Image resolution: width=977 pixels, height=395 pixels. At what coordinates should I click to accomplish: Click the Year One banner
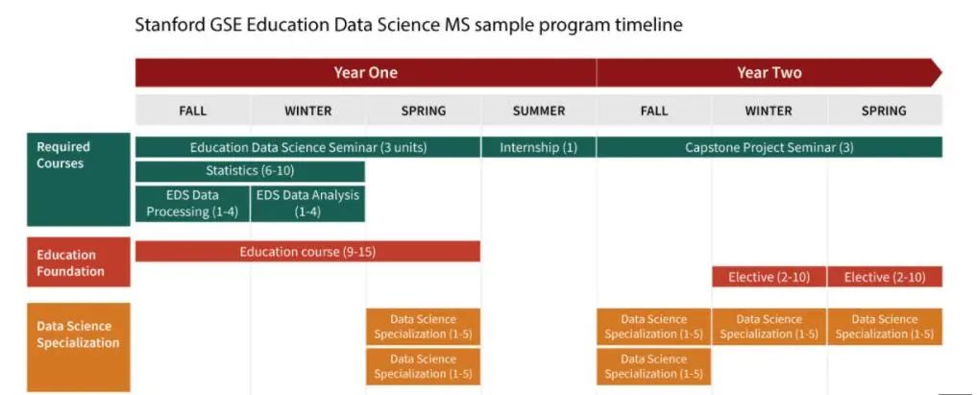366,72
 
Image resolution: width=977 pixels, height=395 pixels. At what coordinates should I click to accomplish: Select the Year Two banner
769,72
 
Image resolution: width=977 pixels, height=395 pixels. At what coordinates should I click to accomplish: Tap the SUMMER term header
538,111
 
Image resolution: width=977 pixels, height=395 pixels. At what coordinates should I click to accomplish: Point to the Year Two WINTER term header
769,111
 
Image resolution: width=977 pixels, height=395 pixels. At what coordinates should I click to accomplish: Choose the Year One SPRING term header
423,111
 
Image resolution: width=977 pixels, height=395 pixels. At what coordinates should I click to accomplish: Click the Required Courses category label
79,180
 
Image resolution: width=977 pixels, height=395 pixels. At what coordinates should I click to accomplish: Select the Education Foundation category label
79,262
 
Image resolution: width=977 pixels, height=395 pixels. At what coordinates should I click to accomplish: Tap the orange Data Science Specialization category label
79,347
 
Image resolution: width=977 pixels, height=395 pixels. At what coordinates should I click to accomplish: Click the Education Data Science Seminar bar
307,147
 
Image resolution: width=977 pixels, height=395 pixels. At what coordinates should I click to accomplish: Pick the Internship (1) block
538,147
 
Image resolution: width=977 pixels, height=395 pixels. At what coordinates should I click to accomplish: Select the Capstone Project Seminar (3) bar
769,147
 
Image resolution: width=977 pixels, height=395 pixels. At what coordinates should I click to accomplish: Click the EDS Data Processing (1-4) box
192,203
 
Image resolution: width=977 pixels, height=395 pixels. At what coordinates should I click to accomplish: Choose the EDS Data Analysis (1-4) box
307,203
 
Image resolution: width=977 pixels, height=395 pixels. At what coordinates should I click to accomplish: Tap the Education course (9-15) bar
307,252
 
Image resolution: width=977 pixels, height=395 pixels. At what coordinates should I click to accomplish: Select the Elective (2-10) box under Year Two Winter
769,277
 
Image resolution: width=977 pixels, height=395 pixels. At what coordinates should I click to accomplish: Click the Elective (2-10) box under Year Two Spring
885,277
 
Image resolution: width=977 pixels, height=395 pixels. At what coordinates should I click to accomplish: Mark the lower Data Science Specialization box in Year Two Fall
653,366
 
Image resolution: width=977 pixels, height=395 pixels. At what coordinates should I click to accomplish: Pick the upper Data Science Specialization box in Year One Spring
423,327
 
